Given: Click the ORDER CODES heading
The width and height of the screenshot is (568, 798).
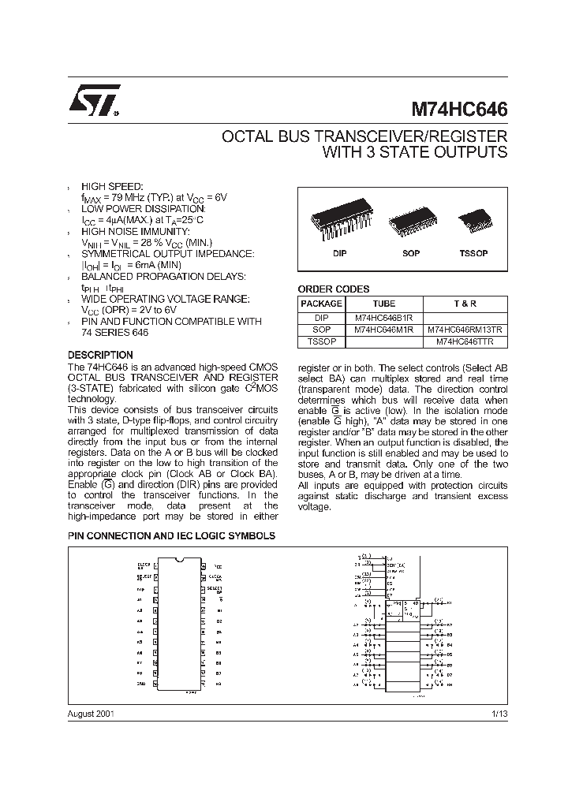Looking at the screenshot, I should coord(333,289).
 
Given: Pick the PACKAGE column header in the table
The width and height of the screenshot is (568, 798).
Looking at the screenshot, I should coord(322,304).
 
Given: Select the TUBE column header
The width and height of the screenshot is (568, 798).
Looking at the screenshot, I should coord(384,304).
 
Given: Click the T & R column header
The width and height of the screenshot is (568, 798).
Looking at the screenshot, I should coord(465,304).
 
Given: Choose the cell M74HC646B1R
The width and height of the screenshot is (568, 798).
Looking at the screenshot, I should coord(384,317).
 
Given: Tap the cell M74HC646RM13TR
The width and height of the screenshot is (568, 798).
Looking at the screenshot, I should coord(465,330).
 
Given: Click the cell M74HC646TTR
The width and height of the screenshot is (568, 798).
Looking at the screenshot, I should coord(465,342).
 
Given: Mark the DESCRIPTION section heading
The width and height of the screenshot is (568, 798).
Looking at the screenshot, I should coord(100,355).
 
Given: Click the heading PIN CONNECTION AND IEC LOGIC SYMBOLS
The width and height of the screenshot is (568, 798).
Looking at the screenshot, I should coord(171,535).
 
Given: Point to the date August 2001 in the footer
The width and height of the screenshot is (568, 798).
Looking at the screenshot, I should coord(92,713).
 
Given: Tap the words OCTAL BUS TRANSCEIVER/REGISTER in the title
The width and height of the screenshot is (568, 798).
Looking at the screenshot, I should coord(364,136).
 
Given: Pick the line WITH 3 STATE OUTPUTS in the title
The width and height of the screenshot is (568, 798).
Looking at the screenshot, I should coord(415,153).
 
